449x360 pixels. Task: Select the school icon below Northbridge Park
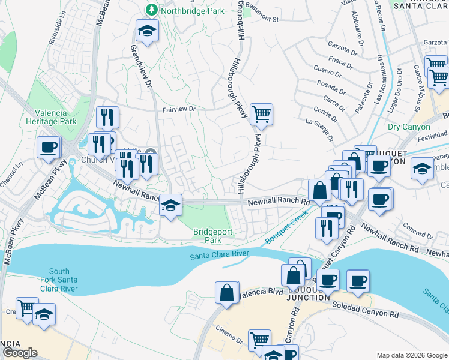[x=146, y=30]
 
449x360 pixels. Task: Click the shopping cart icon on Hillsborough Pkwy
[x=261, y=113]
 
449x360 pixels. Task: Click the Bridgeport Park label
[x=208, y=236]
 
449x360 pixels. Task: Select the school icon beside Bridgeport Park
[x=170, y=206]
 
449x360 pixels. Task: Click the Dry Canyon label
[x=409, y=127]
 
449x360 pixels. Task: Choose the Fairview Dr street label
[x=180, y=110]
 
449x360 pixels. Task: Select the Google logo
[x=20, y=352]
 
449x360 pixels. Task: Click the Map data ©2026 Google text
[x=411, y=355]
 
